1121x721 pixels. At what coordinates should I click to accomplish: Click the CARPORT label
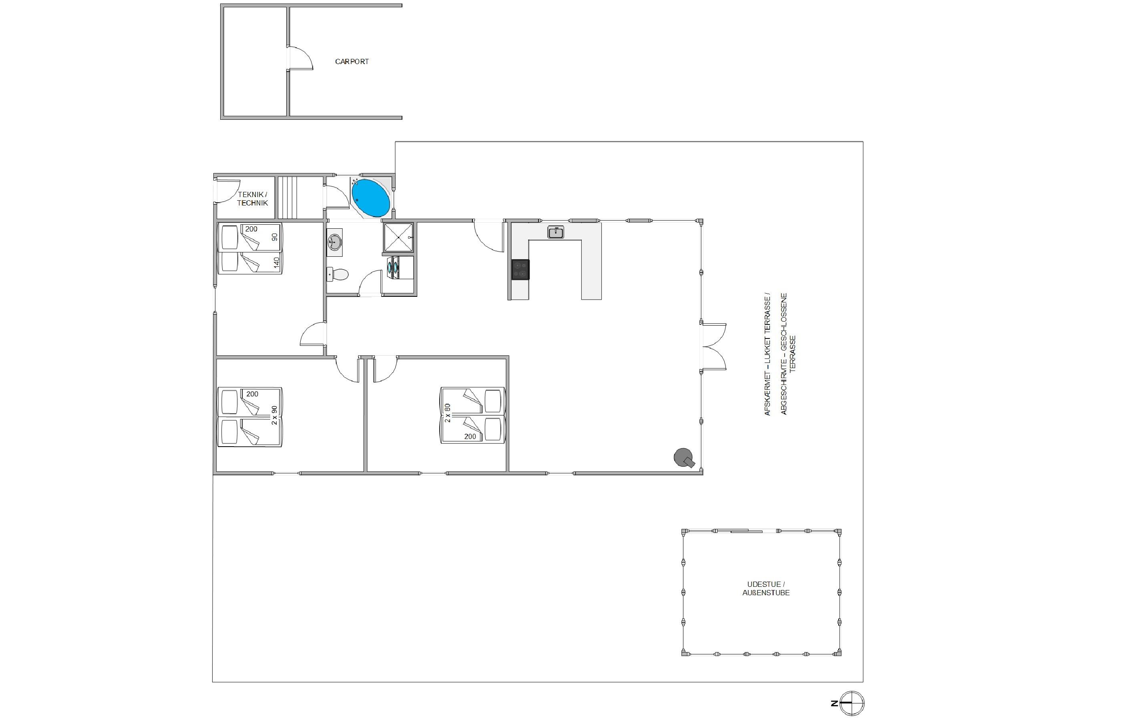click(x=352, y=61)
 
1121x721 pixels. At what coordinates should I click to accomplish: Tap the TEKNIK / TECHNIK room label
click(x=252, y=199)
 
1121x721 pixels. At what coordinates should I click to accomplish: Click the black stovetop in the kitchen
click(x=520, y=269)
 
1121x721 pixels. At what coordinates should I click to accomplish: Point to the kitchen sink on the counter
click(x=556, y=232)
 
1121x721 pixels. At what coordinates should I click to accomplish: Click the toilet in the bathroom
click(x=338, y=274)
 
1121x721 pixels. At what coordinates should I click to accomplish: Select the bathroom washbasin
click(x=335, y=242)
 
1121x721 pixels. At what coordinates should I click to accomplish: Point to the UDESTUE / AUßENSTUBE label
click(x=766, y=588)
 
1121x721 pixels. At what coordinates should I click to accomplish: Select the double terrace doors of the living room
click(x=713, y=347)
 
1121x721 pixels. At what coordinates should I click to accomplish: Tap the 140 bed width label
click(x=277, y=262)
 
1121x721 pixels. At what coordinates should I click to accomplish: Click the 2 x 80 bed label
click(x=447, y=413)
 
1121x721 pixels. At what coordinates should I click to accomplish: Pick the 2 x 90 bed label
click(x=274, y=415)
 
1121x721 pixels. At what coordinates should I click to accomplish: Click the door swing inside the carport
click(x=300, y=58)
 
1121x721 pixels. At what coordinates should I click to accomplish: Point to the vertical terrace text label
click(x=780, y=354)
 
